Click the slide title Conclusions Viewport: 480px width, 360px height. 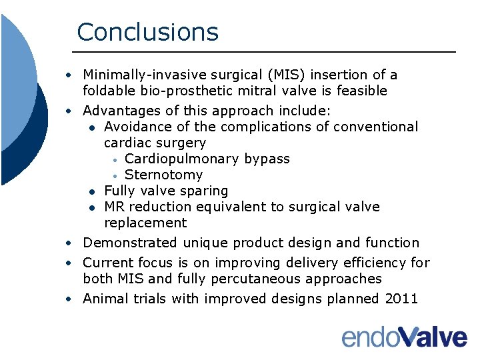pyautogui.click(x=147, y=32)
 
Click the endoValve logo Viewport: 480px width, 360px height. pyautogui.click(x=404, y=336)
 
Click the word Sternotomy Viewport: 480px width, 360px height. pyautogui.click(x=163, y=175)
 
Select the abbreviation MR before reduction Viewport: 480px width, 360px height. pyautogui.click(x=115, y=207)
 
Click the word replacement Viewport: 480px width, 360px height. pyautogui.click(x=145, y=223)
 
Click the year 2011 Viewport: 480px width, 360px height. pyautogui.click(x=401, y=299)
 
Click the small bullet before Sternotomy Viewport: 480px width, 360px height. pyautogui.click(x=115, y=176)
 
